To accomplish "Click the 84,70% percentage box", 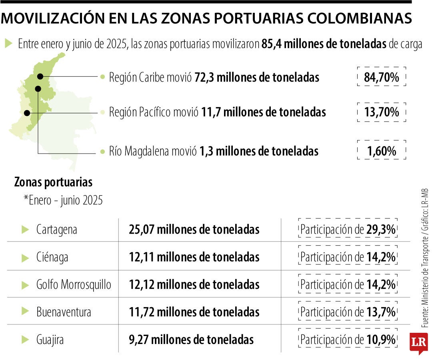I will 381,77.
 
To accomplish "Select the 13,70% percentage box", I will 381,112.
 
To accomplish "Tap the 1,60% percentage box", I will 381,151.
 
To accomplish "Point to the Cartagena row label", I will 56,230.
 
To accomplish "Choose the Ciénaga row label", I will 52,257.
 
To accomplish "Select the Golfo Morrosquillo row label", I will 74,284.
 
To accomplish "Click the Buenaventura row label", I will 64,312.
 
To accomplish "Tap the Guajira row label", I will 50,340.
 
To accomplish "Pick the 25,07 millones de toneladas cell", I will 194,230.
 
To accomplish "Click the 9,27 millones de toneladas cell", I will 191,340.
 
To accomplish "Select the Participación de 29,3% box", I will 348,230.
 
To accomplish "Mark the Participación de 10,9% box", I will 348,340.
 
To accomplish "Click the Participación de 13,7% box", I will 348,312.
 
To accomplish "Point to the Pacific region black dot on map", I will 27,113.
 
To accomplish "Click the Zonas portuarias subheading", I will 53,182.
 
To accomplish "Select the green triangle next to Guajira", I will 25,340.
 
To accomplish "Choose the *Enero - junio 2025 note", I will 63,200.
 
